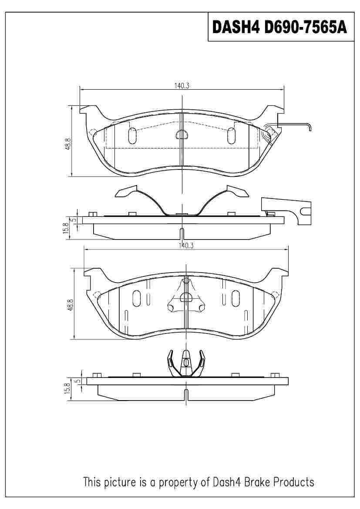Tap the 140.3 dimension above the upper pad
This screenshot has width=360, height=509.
click(182, 86)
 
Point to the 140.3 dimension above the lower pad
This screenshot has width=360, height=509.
click(186, 246)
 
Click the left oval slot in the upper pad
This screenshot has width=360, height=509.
click(132, 136)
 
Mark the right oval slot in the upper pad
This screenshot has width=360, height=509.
click(231, 136)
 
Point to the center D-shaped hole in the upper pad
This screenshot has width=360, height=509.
click(182, 135)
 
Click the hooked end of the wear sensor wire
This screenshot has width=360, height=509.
click(309, 127)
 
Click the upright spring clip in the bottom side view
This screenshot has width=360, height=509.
click(186, 363)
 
